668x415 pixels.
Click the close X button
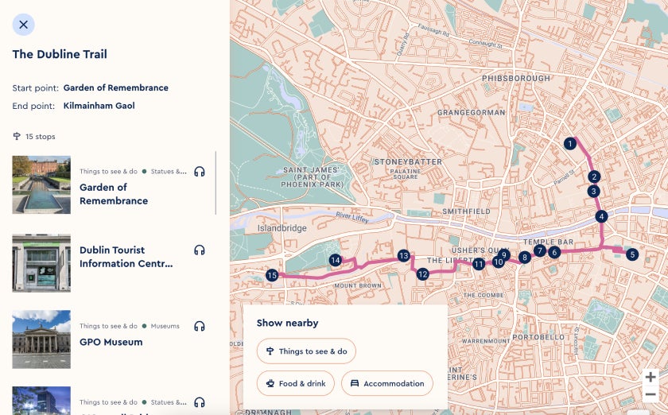23,25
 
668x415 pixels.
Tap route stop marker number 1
569,144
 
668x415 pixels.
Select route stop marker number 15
272,275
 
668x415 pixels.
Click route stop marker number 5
632,254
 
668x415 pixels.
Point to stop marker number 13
403,256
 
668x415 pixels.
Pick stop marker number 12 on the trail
422,274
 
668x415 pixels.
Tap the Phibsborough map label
515,78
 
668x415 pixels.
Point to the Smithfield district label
467,211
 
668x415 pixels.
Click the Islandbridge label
282,228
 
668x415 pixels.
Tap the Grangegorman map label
471,113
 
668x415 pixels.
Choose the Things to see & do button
306,351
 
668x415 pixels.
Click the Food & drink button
295,383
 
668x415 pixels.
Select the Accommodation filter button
387,383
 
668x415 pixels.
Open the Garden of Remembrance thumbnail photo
41,184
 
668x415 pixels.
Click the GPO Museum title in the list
111,343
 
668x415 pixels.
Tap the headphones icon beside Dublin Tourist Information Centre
200,250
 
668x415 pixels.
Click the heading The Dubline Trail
60,55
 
